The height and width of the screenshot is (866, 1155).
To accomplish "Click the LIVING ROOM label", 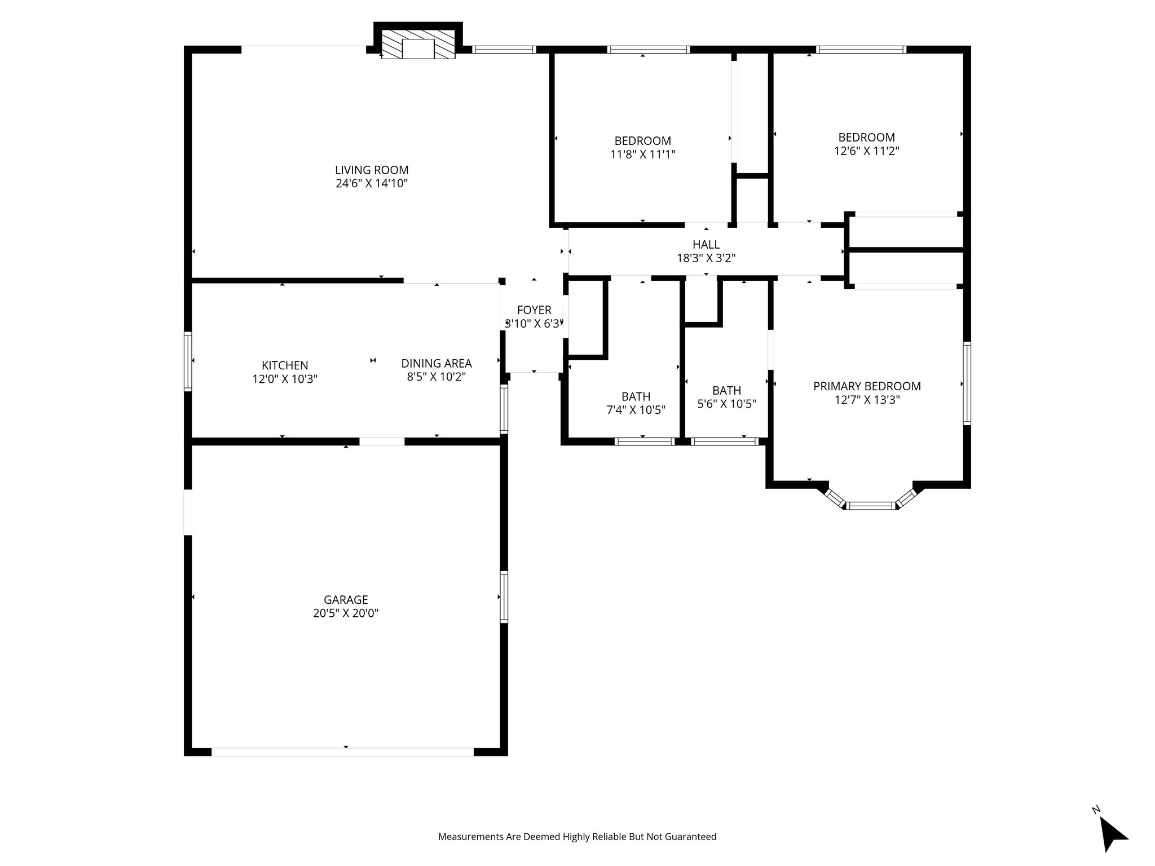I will point(372,170).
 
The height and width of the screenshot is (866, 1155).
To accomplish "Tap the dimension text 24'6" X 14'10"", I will point(372,183).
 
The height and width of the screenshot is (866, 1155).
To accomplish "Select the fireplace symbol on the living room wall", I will point(418,48).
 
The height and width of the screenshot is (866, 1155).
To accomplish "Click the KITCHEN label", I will point(285,365).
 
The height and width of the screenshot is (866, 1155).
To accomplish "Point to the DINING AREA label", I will point(436,364).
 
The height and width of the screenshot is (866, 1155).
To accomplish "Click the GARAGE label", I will point(346,600).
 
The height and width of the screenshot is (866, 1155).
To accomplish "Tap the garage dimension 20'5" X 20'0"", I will point(346,613).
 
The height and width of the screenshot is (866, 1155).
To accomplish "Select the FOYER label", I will point(534,310).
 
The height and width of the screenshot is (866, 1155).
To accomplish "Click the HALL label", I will point(706,244).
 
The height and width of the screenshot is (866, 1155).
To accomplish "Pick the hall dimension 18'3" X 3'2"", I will point(706,258).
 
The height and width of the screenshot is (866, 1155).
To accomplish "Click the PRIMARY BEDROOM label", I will point(867,386).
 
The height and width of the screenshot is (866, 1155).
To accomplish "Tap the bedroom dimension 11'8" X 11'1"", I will point(643,154).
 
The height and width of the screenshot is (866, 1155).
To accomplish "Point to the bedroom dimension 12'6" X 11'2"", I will point(866,151).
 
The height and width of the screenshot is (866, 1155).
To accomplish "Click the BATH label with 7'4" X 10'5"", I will point(636,396).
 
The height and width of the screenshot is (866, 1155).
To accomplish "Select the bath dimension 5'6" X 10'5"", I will point(726,404).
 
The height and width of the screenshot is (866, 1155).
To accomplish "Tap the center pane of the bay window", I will point(871,506).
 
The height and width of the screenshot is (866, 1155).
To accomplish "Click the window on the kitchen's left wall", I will point(188,361).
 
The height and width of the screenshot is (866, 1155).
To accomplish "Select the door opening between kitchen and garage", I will point(382,441).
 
